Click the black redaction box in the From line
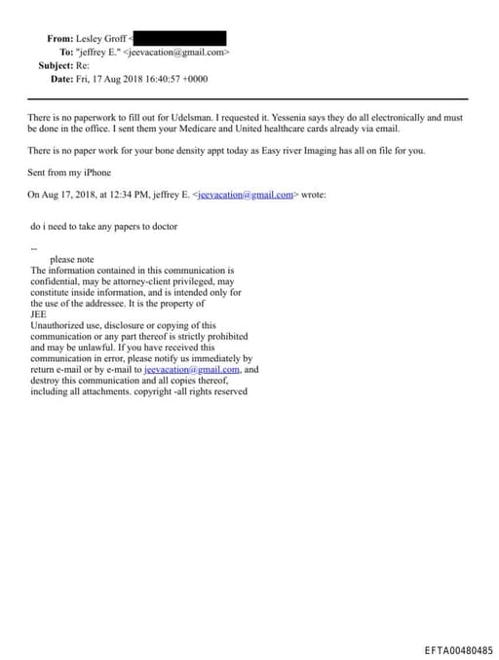pyautogui.click(x=181, y=37)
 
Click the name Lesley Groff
pyautogui.click(x=101, y=38)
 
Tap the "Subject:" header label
pyautogui.click(x=56, y=65)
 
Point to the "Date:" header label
pyautogui.click(x=61, y=79)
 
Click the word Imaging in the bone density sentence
pyautogui.click(x=340, y=150)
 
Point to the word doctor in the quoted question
pyautogui.click(x=162, y=227)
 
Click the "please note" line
pyautogui.click(x=72, y=260)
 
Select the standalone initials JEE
pyautogui.click(x=39, y=314)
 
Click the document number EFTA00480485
pyautogui.click(x=458, y=649)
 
